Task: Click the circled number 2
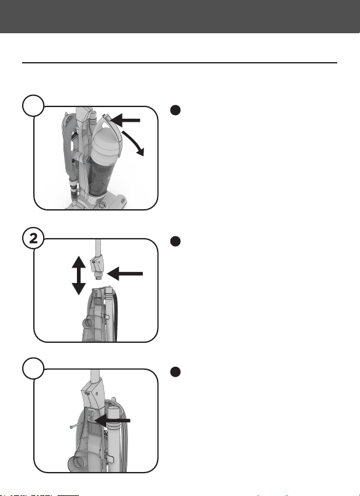click(33, 238)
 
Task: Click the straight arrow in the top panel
click(125, 120)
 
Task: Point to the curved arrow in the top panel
click(134, 142)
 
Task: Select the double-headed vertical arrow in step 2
click(79, 275)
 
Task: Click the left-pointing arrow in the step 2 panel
click(126, 273)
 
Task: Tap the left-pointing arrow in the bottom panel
click(112, 420)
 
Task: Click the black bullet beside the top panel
click(175, 110)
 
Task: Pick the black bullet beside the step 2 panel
click(175, 241)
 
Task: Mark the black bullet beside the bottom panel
click(175, 372)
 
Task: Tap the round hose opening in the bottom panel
click(75, 464)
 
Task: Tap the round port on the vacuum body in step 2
click(87, 323)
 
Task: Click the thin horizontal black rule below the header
click(179, 63)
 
